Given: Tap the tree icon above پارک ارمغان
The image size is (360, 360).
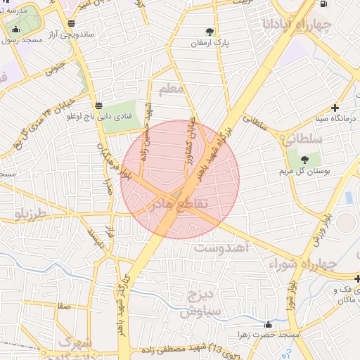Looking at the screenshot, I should click(x=210, y=31).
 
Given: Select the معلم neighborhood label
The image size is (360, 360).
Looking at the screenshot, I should click(x=172, y=89).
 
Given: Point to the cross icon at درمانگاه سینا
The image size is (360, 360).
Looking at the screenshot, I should click(x=335, y=108).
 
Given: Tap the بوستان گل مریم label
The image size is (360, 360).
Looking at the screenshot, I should click(x=304, y=171).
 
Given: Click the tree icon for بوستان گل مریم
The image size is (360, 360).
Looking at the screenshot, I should click(x=304, y=160).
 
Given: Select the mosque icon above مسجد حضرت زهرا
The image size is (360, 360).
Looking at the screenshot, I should click(x=268, y=325).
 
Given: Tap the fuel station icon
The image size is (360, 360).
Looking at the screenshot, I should click(x=323, y=4).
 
